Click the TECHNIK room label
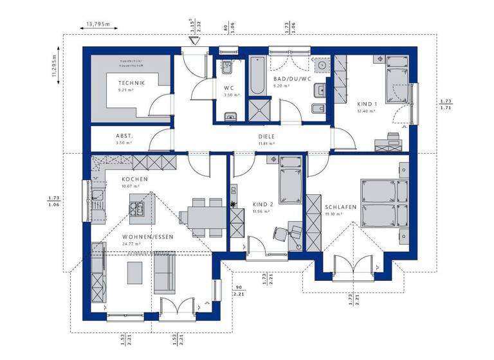[131, 83]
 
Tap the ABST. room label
[124, 136]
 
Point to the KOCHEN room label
[135, 179]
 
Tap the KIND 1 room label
[367, 103]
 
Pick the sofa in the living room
[165, 273]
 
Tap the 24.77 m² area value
[131, 244]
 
